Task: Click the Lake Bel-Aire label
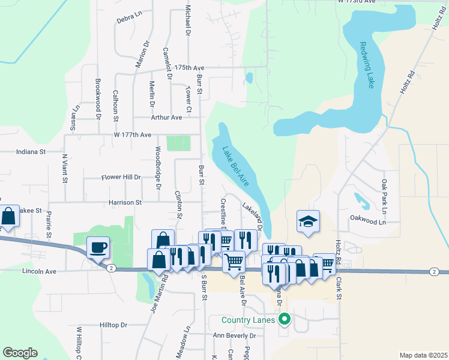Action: (235, 166)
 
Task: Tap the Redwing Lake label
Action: (367, 65)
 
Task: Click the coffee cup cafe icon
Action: (98, 247)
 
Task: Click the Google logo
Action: (20, 353)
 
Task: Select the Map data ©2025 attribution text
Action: (424, 355)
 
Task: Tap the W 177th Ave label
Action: (132, 135)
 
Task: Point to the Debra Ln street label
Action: (129, 19)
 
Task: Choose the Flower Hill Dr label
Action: (120, 178)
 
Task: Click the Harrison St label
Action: (125, 203)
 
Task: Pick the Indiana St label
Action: (31, 152)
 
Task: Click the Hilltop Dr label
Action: (113, 325)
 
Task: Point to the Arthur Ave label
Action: (166, 118)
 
